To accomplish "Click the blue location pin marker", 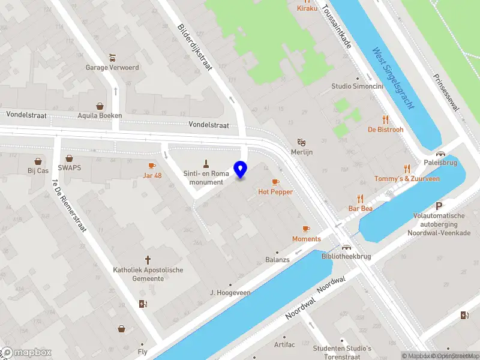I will coord(241,170).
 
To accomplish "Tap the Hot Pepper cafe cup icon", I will coord(276,182).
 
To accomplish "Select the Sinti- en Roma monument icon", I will coord(206,164).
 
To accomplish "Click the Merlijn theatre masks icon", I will coord(302,143).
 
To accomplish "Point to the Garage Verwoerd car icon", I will coord(112,58).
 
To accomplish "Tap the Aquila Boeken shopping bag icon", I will coord(100,106).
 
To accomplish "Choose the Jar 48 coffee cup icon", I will coord(152,166).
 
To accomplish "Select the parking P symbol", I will coord(439,205).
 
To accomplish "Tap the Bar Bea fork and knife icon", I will coord(361,199).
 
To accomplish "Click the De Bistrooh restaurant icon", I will coord(385,119).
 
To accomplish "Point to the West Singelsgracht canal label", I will coord(394,77).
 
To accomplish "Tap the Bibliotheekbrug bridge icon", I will coord(346,247).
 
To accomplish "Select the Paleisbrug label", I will coord(440,162).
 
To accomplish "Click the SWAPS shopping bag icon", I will coord(70,159).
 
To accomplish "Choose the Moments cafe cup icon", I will coord(306,229).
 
